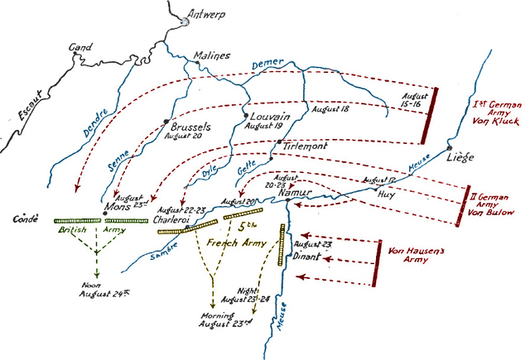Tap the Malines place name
click(211, 55)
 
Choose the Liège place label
click(461, 156)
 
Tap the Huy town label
click(385, 196)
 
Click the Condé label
click(28, 221)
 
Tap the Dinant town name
click(309, 257)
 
